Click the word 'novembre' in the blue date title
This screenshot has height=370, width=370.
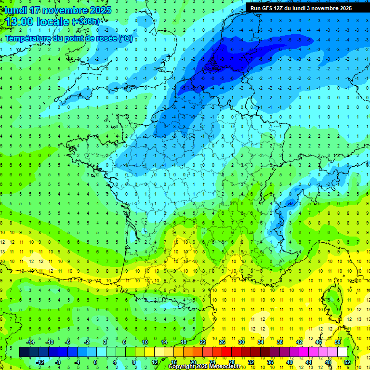[62, 10]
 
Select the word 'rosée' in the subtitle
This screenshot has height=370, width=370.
[105, 39]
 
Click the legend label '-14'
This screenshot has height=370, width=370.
[30, 342]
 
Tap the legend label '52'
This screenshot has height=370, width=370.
[347, 362]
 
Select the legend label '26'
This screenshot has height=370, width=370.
[222, 342]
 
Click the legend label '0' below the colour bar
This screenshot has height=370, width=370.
[95, 362]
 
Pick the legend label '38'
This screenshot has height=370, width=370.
[280, 342]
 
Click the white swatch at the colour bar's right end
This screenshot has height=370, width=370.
[342, 352]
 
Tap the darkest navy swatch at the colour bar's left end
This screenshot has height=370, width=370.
[24, 352]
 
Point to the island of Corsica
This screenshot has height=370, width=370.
[332, 299]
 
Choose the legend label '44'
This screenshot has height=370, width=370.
[309, 362]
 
